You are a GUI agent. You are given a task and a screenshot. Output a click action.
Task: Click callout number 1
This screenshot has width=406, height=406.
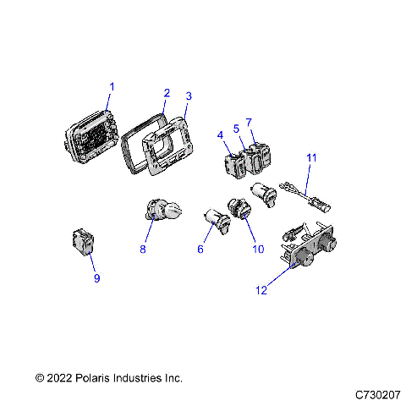[112, 86]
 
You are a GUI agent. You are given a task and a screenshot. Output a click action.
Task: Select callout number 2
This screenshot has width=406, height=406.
[167, 92]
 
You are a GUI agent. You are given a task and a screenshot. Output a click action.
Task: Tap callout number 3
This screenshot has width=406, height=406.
[188, 97]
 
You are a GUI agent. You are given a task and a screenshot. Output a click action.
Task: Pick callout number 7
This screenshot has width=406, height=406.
[249, 123]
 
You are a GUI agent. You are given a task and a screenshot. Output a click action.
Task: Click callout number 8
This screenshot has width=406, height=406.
[143, 250]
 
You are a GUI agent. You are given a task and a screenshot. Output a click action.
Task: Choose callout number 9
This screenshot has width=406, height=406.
[96, 278]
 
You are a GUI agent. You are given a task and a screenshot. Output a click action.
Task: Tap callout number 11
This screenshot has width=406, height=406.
[310, 157]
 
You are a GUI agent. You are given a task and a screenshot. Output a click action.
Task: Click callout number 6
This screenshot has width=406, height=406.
[200, 250]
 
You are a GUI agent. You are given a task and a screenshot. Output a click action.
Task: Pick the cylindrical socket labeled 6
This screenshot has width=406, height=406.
[217, 222]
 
